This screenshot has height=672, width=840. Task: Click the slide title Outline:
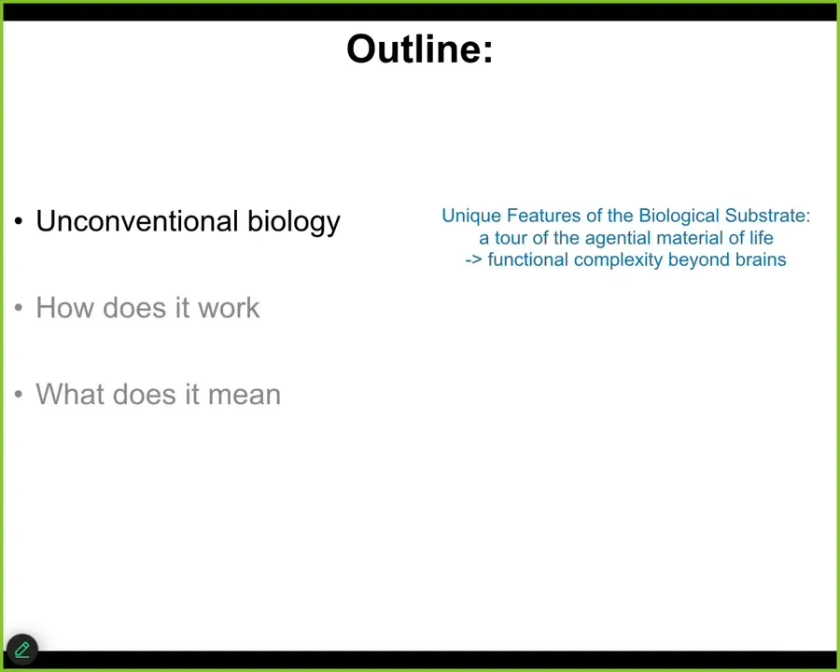click(419, 49)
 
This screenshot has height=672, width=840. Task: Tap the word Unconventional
click(137, 221)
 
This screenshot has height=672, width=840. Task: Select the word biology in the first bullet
click(294, 222)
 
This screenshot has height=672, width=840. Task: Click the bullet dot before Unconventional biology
click(19, 221)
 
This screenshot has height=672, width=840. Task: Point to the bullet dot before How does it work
click(19, 308)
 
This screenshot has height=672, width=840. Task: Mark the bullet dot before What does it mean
click(19, 395)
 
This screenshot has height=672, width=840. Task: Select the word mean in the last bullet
click(245, 395)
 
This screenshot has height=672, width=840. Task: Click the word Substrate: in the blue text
click(767, 216)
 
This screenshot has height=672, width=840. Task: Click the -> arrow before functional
click(473, 260)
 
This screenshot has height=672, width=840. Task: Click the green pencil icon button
click(22, 650)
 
